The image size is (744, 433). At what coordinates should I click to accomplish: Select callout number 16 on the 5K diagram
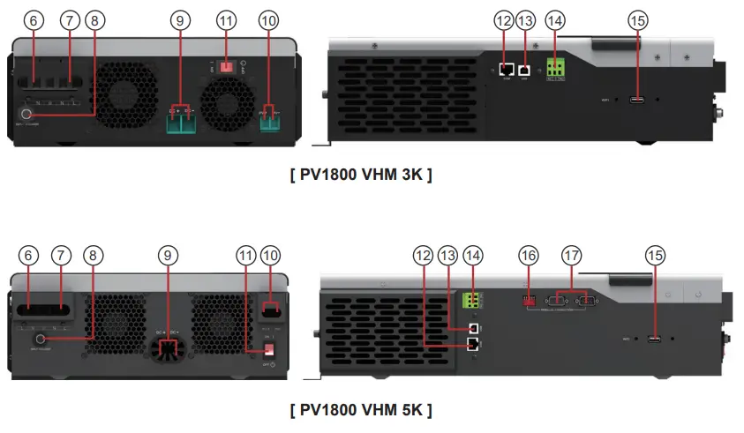coord(528,255)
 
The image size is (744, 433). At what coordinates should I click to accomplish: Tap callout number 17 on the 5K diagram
coord(573,255)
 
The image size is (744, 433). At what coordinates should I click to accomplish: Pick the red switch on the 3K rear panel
coord(226,65)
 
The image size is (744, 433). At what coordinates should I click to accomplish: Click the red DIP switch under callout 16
coord(530,300)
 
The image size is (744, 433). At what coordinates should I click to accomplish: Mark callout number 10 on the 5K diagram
coord(271,255)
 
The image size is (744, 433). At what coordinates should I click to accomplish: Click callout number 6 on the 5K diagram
coord(28,255)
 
